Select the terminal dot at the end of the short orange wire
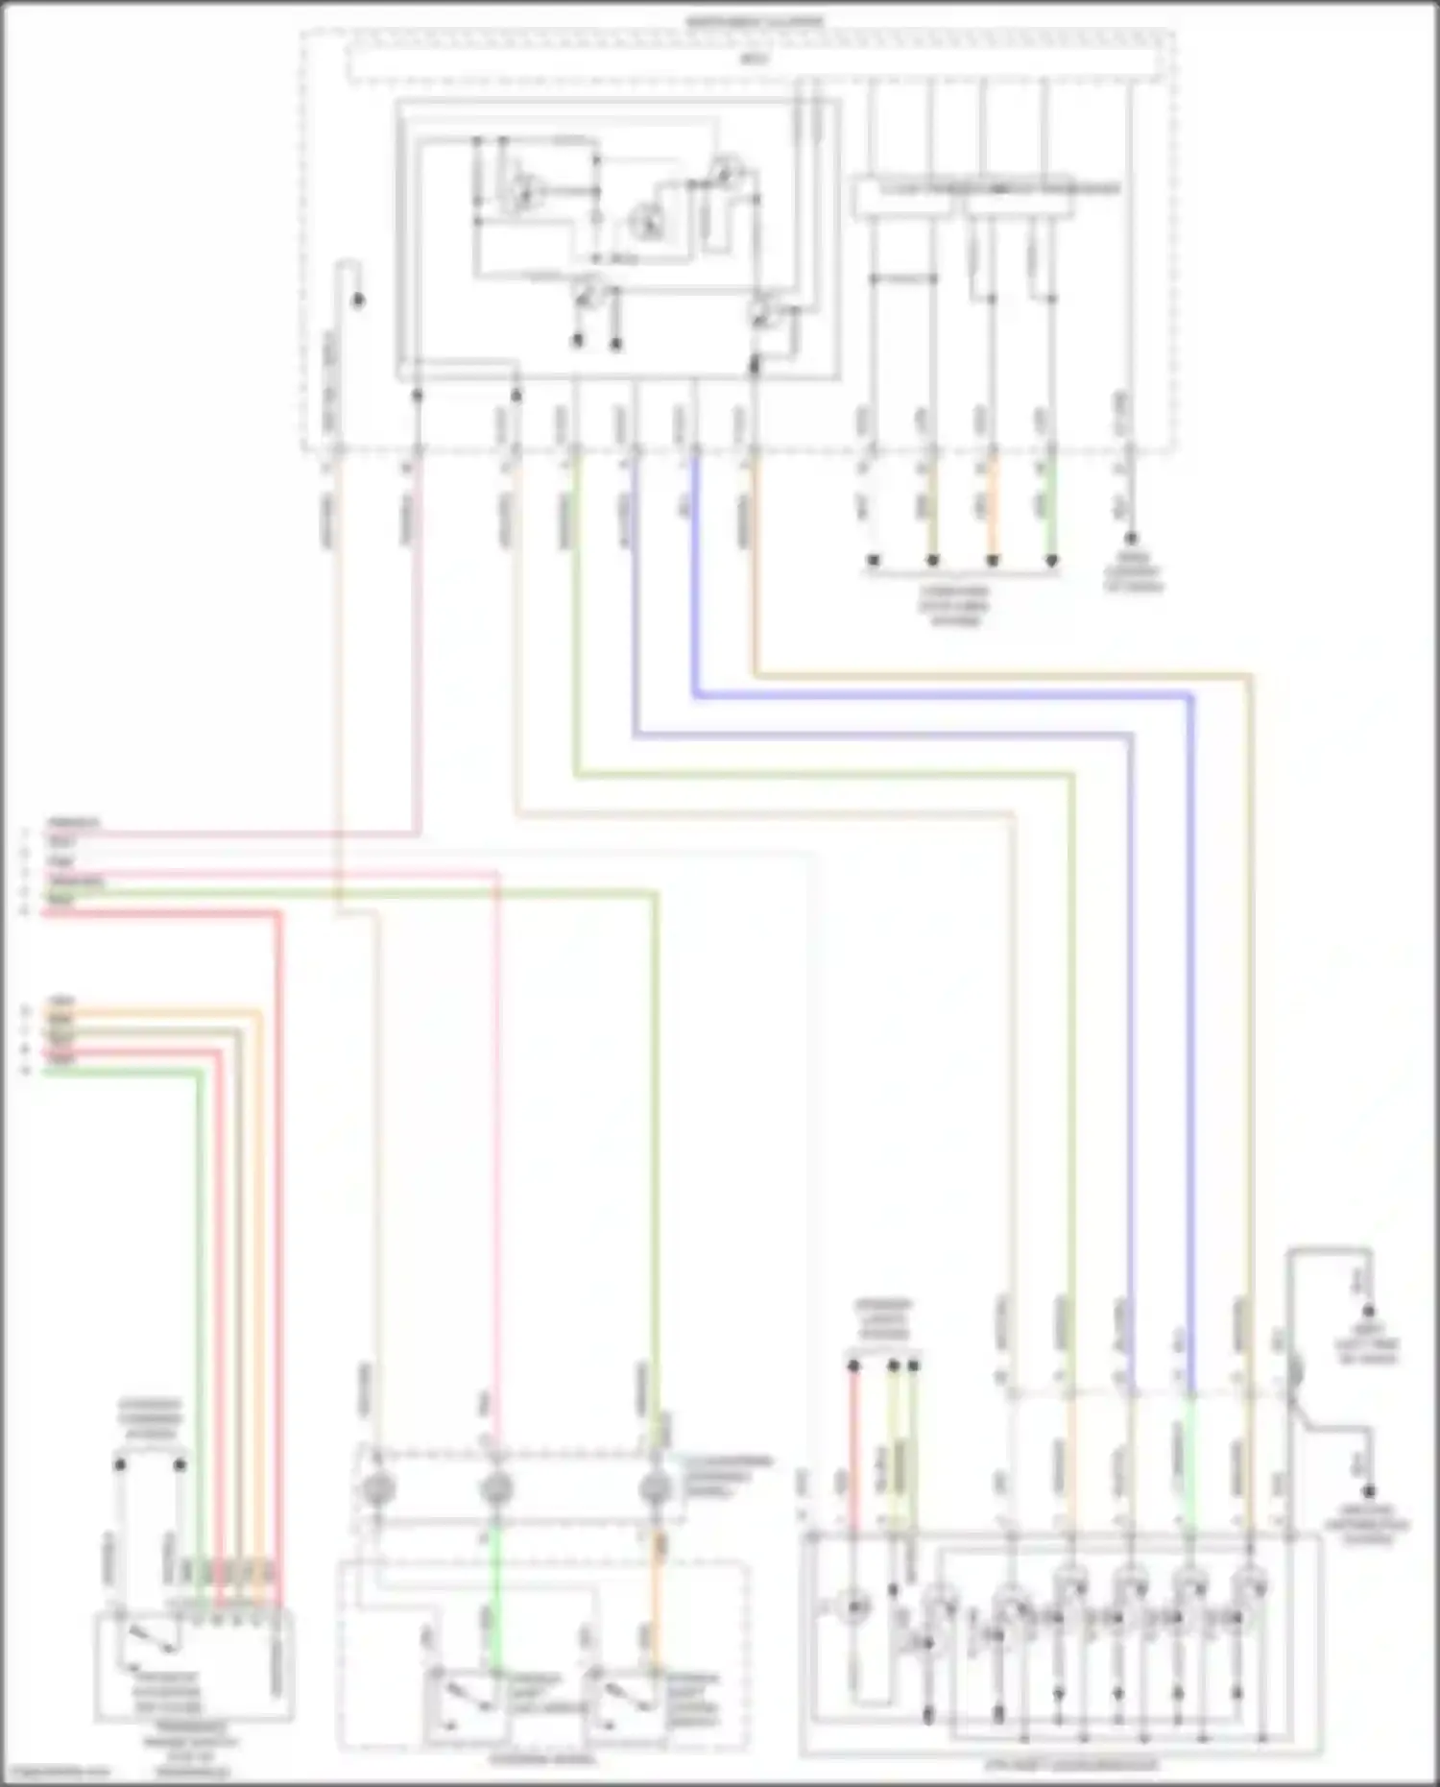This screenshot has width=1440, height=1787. pos(993,560)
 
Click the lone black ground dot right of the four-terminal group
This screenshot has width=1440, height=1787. pos(1131,539)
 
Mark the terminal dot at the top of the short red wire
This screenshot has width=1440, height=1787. pos(853,1364)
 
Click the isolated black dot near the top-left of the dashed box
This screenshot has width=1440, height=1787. pos(358,301)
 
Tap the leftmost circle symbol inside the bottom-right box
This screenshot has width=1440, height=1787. pos(853,1606)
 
